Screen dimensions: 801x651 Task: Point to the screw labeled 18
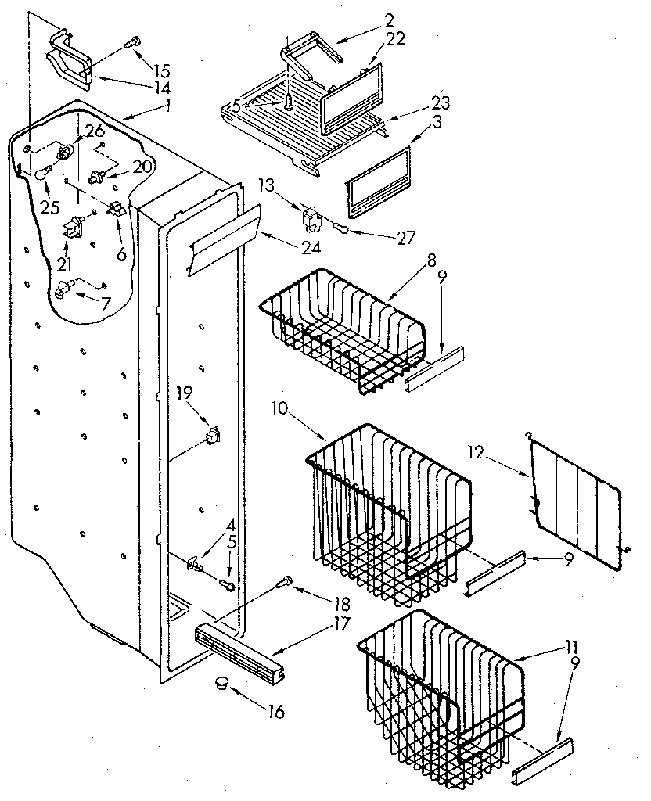[286, 581]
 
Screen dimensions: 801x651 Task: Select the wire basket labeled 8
[344, 329]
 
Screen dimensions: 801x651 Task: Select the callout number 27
[405, 238]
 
